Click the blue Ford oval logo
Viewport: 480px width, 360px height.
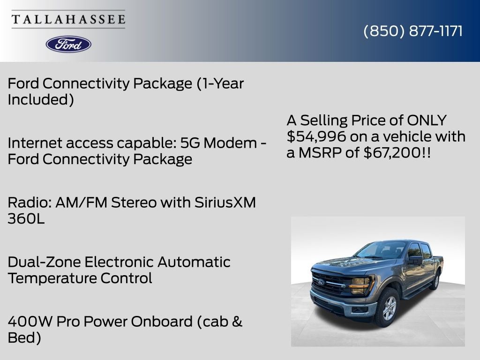coord(68,44)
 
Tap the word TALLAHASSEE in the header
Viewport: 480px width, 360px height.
coord(68,20)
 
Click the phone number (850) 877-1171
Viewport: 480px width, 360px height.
coord(413,31)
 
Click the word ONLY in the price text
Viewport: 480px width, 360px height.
coord(427,120)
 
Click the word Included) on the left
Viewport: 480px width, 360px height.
coord(41,100)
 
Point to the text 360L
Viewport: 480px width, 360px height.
coord(26,219)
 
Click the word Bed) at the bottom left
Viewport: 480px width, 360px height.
coord(24,338)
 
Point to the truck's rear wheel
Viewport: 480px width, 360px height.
coord(436,281)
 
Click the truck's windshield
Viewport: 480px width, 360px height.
coord(381,250)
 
